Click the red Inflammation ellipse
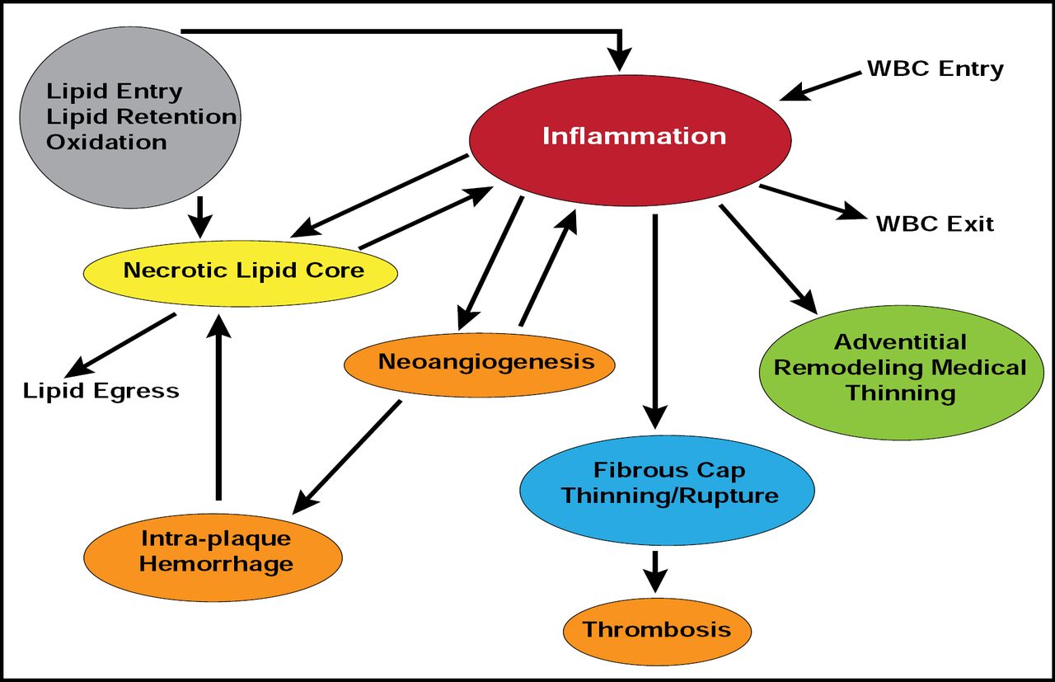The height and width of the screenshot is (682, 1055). (x=631, y=136)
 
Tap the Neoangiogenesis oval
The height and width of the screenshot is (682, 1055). (x=481, y=363)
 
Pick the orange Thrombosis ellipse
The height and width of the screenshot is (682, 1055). (x=657, y=630)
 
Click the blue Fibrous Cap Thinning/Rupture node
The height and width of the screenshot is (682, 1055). (x=667, y=484)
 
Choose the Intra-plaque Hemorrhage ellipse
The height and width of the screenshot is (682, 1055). (x=213, y=553)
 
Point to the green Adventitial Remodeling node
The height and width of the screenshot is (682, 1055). (x=900, y=367)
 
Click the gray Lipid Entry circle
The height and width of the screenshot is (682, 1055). (x=128, y=115)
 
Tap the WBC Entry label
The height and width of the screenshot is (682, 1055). (x=935, y=68)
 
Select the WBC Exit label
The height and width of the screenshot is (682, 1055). (x=935, y=223)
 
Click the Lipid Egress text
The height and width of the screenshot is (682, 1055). (x=101, y=390)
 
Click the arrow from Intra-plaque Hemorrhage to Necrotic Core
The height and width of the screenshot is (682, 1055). (x=218, y=408)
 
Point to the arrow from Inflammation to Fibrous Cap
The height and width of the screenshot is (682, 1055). (x=654, y=322)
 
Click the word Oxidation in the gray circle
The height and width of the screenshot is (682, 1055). (x=105, y=142)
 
